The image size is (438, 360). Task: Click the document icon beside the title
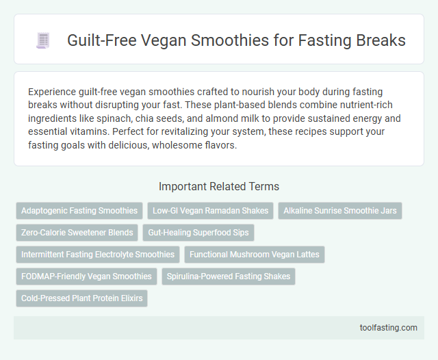pos(42,41)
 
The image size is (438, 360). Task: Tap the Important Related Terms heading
pos(218,186)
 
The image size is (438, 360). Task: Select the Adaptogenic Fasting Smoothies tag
pos(79,211)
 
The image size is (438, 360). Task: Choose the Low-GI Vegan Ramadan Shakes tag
pos(211,211)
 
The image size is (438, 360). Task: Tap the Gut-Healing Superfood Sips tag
pos(198,233)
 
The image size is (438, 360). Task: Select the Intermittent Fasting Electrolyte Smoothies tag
pos(98,255)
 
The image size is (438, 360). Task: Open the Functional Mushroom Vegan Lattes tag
pos(255,255)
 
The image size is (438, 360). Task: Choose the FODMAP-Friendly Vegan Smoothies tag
pos(86,277)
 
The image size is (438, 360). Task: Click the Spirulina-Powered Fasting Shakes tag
pos(229,277)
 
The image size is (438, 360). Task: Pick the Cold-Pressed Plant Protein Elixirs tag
pos(81,298)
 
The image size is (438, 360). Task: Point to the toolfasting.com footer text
pos(388,327)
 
